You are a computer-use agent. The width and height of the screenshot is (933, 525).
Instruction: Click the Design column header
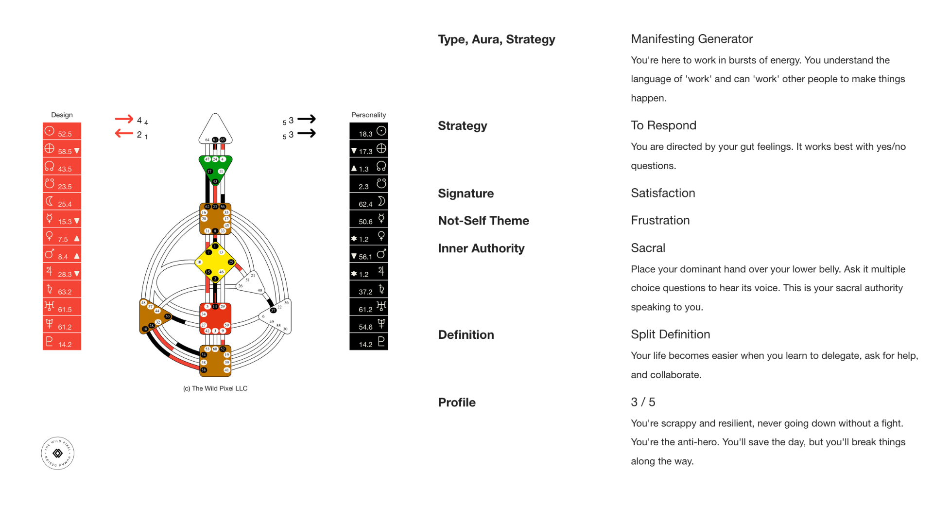(x=62, y=115)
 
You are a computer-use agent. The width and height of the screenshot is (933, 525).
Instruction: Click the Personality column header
(x=368, y=115)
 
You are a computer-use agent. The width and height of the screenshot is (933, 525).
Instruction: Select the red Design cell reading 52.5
(x=62, y=132)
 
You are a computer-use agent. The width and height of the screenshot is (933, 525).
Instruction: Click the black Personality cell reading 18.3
(x=368, y=132)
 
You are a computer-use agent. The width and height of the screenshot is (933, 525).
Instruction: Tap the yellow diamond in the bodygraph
(x=215, y=263)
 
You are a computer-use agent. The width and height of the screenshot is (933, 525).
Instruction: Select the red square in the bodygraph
(x=215, y=319)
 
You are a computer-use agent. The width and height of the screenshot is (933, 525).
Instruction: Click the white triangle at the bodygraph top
(x=215, y=129)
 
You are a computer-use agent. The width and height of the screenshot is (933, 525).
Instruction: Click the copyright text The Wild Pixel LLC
(x=215, y=388)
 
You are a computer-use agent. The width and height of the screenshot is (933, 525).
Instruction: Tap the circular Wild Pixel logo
(x=58, y=453)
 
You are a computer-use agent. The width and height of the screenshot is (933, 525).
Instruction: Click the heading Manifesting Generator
(x=691, y=39)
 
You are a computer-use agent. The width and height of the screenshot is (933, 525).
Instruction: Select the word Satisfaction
(x=663, y=193)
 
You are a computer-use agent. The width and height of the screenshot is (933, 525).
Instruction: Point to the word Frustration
(x=660, y=220)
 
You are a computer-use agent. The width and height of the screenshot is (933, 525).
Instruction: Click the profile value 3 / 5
(x=643, y=402)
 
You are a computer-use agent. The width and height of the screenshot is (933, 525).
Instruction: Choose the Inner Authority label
(x=481, y=248)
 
